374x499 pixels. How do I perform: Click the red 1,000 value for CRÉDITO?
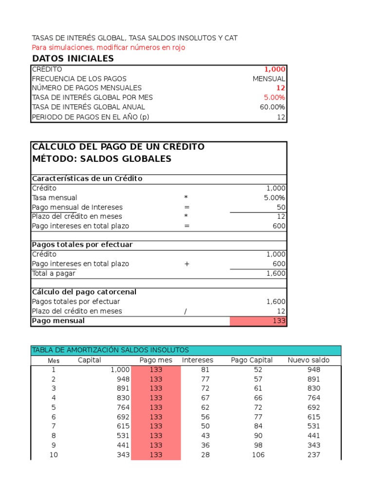click(275, 69)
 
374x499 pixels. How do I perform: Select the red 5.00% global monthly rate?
click(275, 97)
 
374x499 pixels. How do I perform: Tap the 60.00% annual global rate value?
click(273, 107)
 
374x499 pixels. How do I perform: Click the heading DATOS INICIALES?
click(73, 58)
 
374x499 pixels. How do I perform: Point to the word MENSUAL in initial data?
click(269, 78)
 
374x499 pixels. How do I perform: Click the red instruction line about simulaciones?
click(108, 48)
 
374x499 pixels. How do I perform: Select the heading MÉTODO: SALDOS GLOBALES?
click(101, 159)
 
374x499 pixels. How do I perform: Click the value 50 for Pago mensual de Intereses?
click(281, 207)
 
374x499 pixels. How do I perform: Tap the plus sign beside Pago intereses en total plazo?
click(187, 264)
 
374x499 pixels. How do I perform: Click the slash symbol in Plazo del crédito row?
click(186, 311)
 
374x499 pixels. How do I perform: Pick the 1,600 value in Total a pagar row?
click(276, 273)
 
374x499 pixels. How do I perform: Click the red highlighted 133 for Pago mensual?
click(280, 321)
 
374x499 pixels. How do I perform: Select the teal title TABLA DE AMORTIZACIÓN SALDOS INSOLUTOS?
click(110, 350)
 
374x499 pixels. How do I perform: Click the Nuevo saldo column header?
click(308, 360)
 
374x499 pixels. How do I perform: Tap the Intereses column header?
click(198, 360)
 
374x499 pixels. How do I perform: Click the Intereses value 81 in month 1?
click(205, 369)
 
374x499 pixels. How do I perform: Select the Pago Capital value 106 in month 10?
click(257, 455)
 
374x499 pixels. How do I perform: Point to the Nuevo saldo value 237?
click(314, 455)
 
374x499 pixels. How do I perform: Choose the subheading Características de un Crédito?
click(87, 178)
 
